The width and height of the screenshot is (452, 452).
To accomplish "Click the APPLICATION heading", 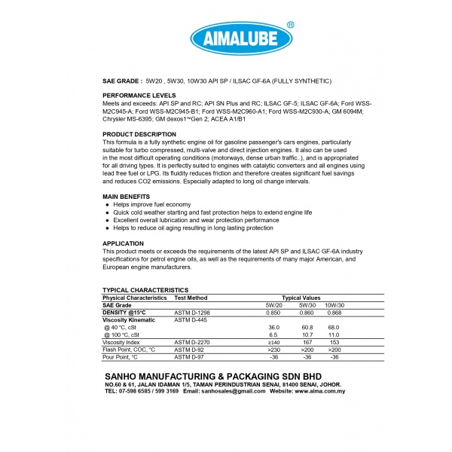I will click(x=123, y=243).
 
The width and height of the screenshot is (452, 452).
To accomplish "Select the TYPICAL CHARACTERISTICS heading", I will click(x=145, y=290).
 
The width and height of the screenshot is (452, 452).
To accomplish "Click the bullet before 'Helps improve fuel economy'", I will click(x=108, y=205).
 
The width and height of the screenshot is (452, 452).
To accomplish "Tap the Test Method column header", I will click(x=191, y=298).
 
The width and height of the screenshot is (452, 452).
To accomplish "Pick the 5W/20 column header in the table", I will click(x=274, y=304).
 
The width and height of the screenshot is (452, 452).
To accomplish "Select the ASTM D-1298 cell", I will click(x=193, y=312).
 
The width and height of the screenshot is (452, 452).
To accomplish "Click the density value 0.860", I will click(x=307, y=312).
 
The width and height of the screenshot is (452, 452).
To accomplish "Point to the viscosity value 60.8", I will click(x=307, y=328).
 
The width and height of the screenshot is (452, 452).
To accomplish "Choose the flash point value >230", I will click(x=274, y=350).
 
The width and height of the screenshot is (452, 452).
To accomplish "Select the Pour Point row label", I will click(x=121, y=357).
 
